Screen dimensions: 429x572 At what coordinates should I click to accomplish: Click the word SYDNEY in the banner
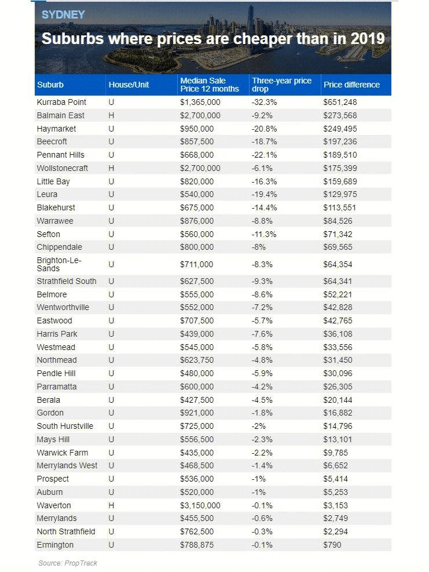[63, 14]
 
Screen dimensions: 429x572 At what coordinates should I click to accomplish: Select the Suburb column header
[50, 85]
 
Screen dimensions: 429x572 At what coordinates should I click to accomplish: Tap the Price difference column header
[351, 85]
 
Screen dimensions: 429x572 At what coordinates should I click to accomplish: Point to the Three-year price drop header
[281, 85]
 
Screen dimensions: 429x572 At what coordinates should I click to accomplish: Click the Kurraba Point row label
[61, 102]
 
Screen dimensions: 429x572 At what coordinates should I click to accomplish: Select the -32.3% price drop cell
[264, 102]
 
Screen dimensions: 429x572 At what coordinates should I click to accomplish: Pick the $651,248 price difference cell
[340, 102]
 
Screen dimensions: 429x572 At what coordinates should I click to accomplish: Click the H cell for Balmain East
[112, 116]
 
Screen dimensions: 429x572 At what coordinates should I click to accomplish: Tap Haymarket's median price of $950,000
[197, 129]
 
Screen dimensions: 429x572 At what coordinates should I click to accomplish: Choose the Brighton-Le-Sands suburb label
[58, 264]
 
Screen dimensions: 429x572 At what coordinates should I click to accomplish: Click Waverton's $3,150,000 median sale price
[200, 505]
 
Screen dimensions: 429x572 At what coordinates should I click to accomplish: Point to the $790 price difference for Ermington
[332, 545]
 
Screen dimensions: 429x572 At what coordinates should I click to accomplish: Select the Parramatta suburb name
[57, 387]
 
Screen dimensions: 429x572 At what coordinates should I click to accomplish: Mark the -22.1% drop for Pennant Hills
[264, 155]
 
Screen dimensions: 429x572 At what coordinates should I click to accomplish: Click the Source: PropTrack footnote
[68, 563]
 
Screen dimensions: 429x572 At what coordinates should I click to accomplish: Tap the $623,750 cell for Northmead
[197, 360]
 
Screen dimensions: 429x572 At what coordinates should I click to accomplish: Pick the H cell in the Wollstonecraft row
[112, 168]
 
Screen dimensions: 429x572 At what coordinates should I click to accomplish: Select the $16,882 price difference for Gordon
[338, 413]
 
